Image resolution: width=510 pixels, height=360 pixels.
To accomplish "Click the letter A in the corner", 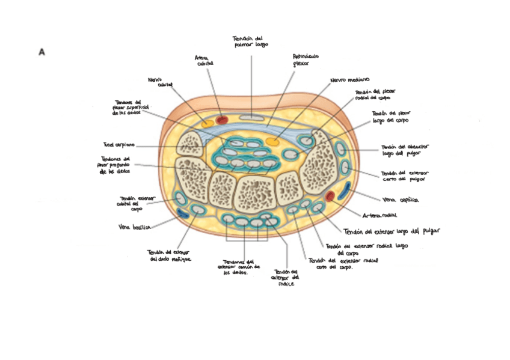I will pos(41,52).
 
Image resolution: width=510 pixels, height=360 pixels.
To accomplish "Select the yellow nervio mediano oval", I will pos(272,142).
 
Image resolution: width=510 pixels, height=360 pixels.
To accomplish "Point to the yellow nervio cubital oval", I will pos(207,123).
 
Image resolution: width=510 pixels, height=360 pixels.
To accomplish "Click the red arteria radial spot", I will pos(330,195).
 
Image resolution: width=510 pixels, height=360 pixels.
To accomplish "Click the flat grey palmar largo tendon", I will pos(248,116).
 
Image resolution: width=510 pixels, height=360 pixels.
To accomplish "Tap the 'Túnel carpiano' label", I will pos(119,145).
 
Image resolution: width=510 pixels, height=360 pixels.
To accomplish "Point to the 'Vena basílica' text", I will pos(134,227).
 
